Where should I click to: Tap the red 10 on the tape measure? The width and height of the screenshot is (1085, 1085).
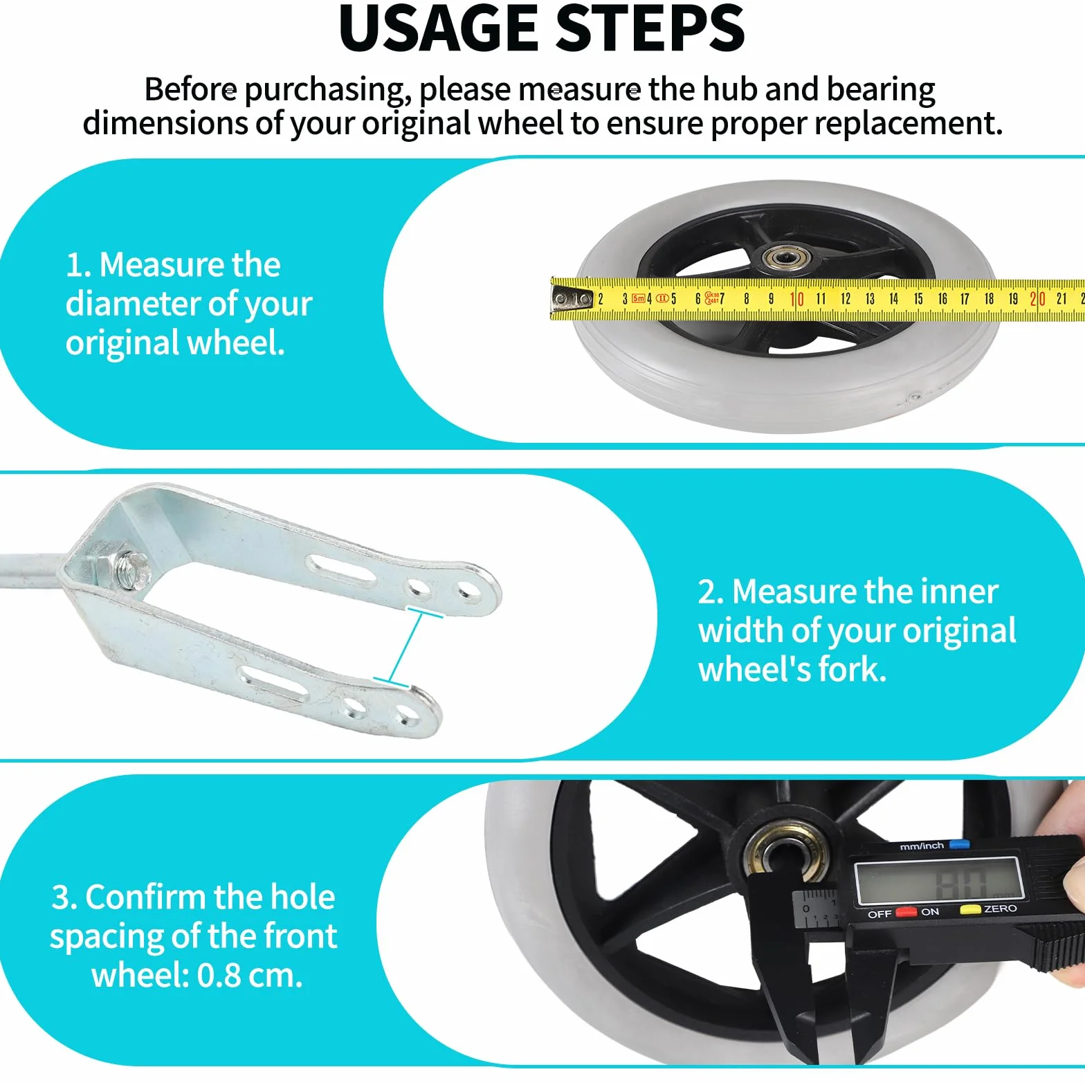click(796, 299)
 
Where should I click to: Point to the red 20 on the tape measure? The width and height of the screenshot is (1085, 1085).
click(1037, 299)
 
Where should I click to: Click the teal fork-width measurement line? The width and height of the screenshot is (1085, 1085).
click(408, 648)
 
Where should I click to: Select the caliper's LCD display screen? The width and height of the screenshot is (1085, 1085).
click(939, 882)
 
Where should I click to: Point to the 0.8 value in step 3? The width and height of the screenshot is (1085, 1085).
click(219, 976)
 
